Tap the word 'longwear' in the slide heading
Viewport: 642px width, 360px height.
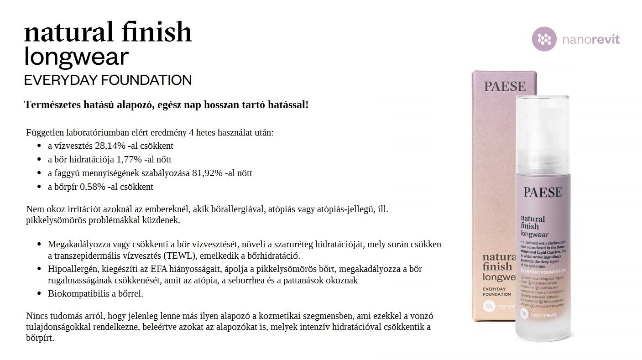(76, 57)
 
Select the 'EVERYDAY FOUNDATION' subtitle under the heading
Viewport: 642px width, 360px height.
(108, 80)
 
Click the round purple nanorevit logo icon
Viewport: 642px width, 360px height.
(544, 39)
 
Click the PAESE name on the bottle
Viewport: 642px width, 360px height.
(543, 192)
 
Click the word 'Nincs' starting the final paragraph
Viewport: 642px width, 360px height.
(37, 316)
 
